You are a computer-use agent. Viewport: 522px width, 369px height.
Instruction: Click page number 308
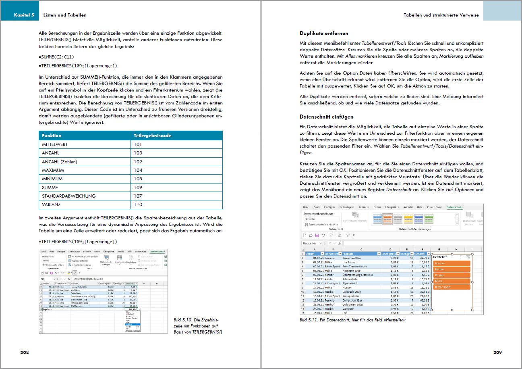pos(25,352)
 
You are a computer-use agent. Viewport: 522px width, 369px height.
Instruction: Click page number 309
pos(497,352)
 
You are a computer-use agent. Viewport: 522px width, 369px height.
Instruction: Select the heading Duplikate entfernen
pos(324,33)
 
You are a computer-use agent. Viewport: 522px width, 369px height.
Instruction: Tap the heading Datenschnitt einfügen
pos(326,117)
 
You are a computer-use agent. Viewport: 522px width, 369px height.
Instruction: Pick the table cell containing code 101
pos(138,144)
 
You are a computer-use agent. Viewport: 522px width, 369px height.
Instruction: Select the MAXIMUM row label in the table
pos(53,170)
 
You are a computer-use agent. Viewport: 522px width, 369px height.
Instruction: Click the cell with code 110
pos(138,204)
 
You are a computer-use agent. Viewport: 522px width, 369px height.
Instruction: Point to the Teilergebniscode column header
pos(152,136)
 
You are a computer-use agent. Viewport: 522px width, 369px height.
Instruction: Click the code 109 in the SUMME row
pos(138,188)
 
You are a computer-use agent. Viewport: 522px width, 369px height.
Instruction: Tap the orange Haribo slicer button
pos(451,269)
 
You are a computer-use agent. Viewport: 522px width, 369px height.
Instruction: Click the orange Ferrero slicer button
pos(451,263)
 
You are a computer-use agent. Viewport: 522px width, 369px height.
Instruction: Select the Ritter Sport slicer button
pos(451,287)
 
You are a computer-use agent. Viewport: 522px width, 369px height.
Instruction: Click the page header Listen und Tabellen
pos(64,15)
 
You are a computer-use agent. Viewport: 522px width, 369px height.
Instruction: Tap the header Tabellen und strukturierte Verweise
pos(441,15)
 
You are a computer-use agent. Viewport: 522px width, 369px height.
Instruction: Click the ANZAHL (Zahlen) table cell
pos(59,162)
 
